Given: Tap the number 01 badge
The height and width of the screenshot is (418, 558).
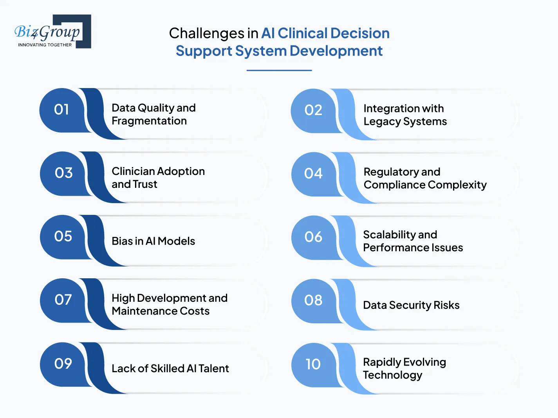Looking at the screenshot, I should tap(61, 110).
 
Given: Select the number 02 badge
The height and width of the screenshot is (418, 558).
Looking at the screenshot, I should tap(313, 110).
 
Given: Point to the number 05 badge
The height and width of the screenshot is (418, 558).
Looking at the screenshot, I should tap(63, 236).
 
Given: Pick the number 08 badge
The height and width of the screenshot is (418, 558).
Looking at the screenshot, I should tap(313, 300).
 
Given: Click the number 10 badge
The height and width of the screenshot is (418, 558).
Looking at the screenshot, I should tap(313, 364).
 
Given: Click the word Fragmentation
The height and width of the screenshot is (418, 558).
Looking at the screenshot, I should tap(149, 121).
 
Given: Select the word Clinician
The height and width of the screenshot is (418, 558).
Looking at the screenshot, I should tap(133, 171).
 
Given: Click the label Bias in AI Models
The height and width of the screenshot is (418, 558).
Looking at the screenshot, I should tap(153, 241).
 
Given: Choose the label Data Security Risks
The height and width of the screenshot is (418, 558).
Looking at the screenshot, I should tap(411, 305).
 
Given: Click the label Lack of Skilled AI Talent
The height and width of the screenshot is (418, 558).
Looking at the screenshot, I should tap(170, 369).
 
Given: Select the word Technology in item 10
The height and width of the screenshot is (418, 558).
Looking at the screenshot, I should tap(392, 375).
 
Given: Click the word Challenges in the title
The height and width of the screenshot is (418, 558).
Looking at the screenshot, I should tap(206, 34).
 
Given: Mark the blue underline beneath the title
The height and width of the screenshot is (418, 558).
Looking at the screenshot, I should tap(279, 70).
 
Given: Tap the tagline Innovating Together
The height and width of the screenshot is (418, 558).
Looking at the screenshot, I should tap(45, 45).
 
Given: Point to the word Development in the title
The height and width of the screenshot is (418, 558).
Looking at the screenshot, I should tap(336, 51).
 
